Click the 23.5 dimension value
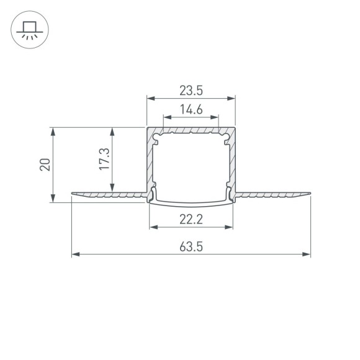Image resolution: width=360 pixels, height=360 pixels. (191, 90)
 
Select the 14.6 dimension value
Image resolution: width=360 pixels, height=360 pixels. (191, 109)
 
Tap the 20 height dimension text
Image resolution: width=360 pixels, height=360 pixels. (44, 164)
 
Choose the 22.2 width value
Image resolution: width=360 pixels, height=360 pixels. (191, 219)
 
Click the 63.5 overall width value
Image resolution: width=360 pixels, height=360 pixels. (191, 246)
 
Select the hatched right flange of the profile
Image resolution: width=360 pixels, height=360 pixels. (273, 195)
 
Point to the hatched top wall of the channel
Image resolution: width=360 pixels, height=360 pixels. (191, 130)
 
